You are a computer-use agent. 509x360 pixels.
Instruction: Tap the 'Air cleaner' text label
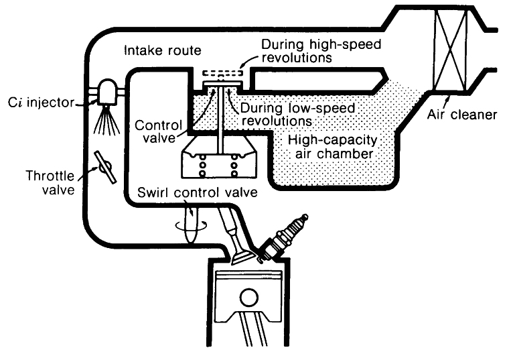[463, 115]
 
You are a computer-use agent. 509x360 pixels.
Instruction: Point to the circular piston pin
[249, 297]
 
